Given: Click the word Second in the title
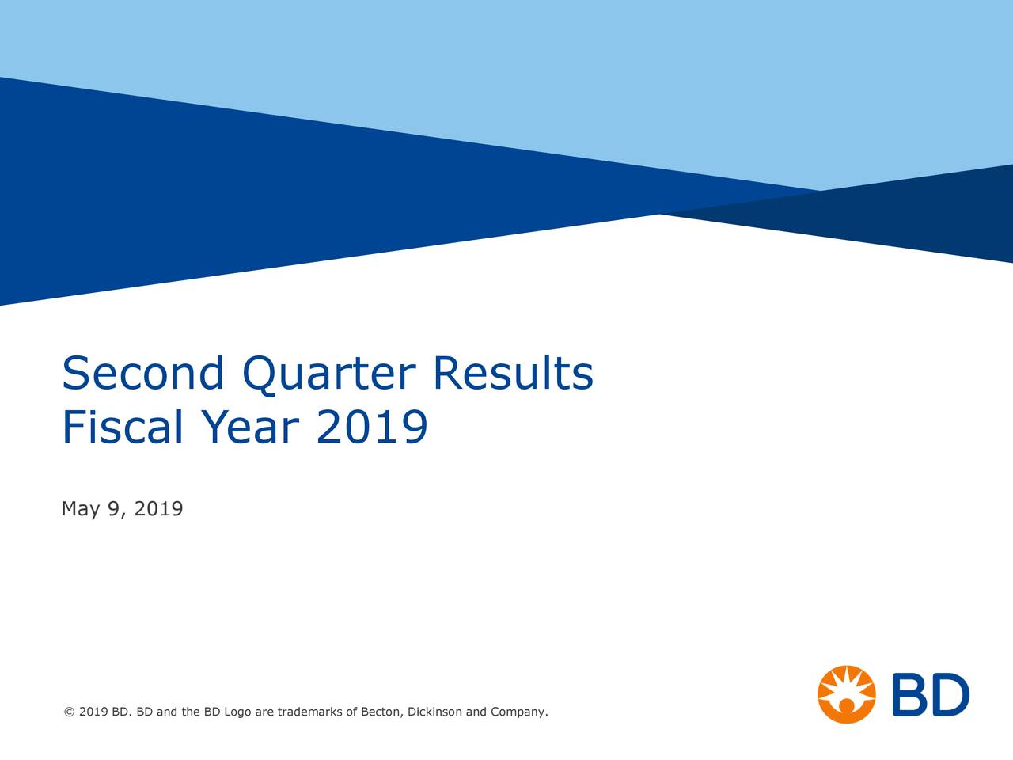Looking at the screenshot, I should pyautogui.click(x=143, y=374).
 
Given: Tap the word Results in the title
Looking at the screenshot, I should pyautogui.click(x=513, y=374).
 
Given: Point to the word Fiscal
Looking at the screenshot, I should pyautogui.click(x=123, y=427).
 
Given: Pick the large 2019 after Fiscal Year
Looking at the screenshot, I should pyautogui.click(x=372, y=427).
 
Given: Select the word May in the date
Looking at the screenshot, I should pyautogui.click(x=80, y=509).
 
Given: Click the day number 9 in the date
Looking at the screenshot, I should pyautogui.click(x=113, y=508).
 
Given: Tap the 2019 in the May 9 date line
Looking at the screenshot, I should pyautogui.click(x=158, y=508).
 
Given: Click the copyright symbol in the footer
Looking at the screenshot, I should pyautogui.click(x=69, y=712).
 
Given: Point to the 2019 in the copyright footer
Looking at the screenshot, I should pyautogui.click(x=93, y=712).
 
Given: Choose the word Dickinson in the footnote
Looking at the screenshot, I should pyautogui.click(x=434, y=712).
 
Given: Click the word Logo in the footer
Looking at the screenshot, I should pyautogui.click(x=237, y=712).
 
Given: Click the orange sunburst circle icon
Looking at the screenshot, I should pyautogui.click(x=846, y=694).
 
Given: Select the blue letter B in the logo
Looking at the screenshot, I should pyautogui.click(x=912, y=695).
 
